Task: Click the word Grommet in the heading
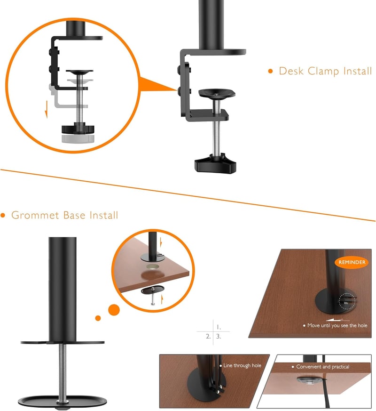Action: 35,215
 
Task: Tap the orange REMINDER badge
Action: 352,262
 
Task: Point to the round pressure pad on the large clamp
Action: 216,93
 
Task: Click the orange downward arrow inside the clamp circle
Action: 47,109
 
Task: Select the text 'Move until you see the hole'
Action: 337,325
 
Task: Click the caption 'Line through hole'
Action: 242,365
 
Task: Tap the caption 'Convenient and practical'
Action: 322,367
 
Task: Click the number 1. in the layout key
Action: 219,327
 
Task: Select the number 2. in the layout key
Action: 208,336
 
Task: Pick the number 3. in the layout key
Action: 219,336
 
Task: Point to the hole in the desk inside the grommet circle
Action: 153,267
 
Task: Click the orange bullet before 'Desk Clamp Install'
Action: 270,71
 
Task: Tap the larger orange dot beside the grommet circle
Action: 114,310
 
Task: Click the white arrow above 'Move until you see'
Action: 337,320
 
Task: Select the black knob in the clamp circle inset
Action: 78,129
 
